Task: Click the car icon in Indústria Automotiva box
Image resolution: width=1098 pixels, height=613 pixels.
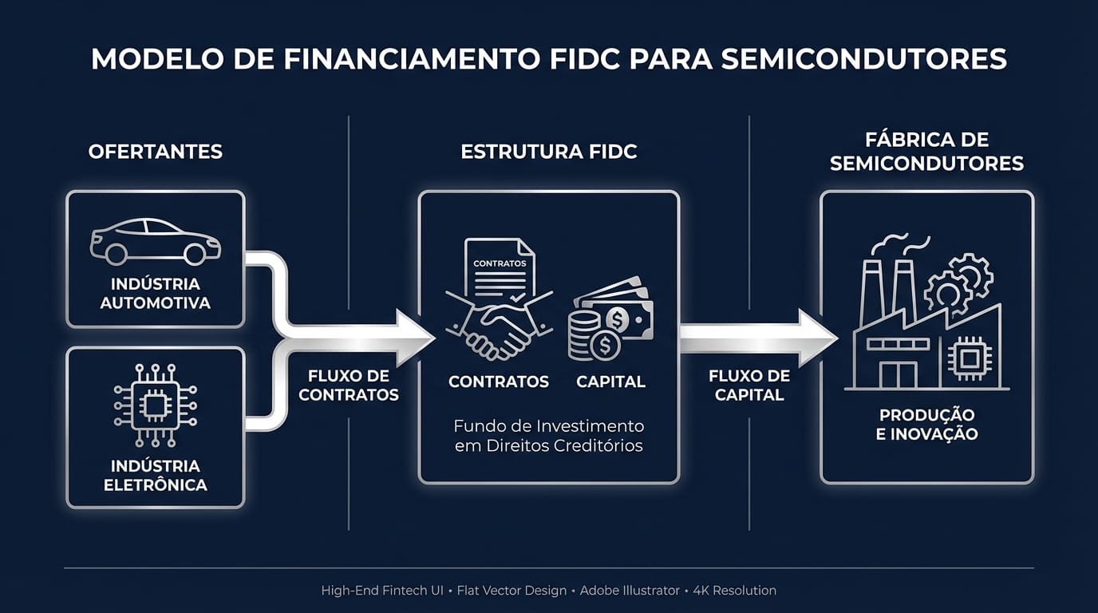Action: pos(156,241)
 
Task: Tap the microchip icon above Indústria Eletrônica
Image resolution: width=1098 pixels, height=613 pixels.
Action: pos(156,405)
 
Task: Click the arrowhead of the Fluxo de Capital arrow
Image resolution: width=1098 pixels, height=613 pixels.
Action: pos(817,337)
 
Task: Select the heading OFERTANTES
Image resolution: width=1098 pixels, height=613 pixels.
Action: pos(156,152)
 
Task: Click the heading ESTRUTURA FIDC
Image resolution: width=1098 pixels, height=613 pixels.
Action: pos(549,152)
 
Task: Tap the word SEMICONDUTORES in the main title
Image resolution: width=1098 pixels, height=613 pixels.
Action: pos(863,60)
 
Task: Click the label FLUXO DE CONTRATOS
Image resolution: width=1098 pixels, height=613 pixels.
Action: pos(349,385)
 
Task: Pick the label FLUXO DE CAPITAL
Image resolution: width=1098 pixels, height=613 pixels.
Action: pos(749,385)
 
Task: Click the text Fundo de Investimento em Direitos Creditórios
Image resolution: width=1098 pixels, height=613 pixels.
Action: pos(549,436)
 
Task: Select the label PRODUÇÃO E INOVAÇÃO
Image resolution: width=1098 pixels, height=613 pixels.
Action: pos(926,425)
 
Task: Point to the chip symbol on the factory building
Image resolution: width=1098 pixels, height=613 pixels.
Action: pos(970,358)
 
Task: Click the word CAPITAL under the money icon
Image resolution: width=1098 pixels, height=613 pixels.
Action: pos(611,382)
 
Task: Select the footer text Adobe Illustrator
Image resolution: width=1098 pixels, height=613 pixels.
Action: pos(630,591)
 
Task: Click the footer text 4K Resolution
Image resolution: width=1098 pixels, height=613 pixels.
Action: pos(734,591)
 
